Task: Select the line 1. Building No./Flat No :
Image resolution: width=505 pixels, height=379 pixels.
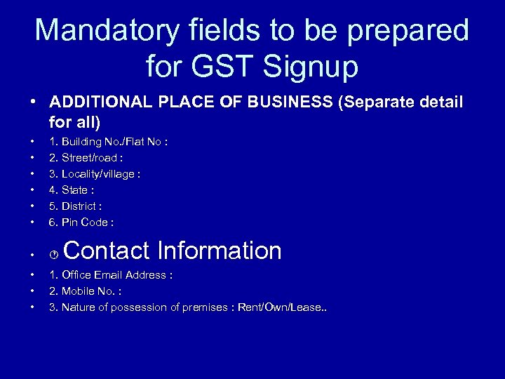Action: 108,142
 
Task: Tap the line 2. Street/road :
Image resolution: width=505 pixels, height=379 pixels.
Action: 86,158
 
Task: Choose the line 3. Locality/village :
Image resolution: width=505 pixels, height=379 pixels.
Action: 95,174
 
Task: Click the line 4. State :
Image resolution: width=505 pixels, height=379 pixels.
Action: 72,190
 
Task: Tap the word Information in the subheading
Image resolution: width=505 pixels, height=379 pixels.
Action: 220,251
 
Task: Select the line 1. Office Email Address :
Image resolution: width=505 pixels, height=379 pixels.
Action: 111,275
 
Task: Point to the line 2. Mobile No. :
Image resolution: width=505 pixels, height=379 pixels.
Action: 85,291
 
